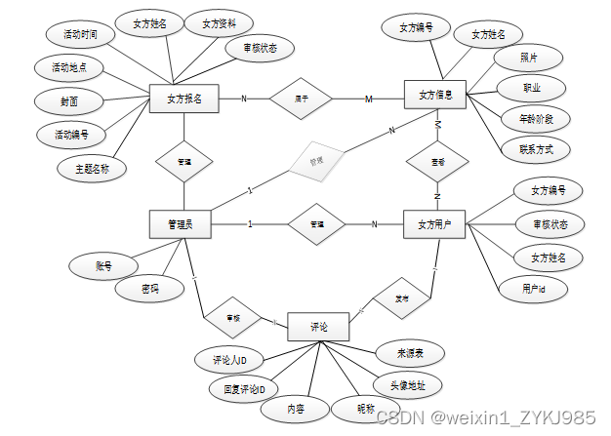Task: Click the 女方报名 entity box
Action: [x=184, y=98]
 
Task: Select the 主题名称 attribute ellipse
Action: [x=91, y=168]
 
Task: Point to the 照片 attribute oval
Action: [x=528, y=59]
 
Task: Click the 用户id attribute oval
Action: [x=532, y=289]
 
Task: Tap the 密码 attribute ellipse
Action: [x=148, y=289]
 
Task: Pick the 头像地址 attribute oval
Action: [x=407, y=383]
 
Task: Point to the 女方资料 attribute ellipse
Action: [x=221, y=22]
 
